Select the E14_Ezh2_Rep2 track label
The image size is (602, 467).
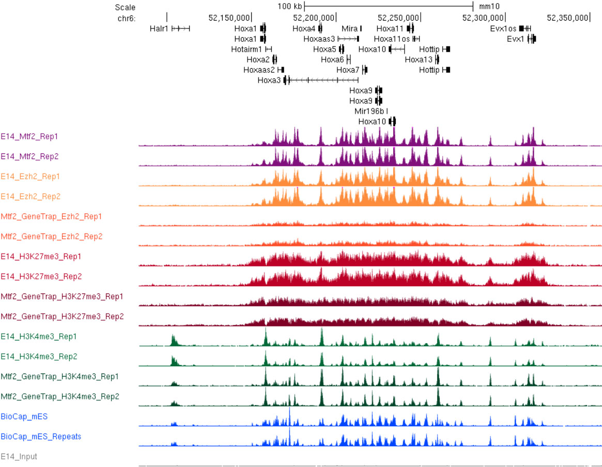tap(30, 196)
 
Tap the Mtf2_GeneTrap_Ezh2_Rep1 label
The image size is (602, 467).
tap(51, 216)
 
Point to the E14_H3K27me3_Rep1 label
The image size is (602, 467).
tap(41, 256)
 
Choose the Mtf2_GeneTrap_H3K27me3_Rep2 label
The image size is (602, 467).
tap(62, 316)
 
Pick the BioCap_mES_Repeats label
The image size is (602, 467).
tap(41, 437)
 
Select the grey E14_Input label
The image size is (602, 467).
tap(19, 457)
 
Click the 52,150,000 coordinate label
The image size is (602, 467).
tap(229, 18)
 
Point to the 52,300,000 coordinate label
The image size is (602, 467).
tap(483, 18)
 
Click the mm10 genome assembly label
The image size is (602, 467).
tap(489, 7)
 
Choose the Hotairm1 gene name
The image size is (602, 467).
tap(247, 49)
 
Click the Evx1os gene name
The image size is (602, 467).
tap(503, 28)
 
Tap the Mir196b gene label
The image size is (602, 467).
tap(369, 111)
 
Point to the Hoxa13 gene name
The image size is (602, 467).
tap(418, 59)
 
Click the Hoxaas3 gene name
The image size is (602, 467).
tap(319, 39)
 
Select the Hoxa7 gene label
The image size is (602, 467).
tap(347, 70)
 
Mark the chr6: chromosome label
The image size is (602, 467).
tap(126, 18)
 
